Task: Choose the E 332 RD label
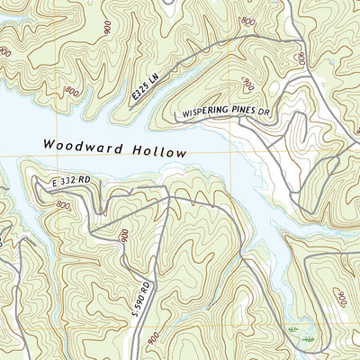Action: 71,184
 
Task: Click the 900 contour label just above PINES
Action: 248,85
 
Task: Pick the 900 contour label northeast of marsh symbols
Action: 340,297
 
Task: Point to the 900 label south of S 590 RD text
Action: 154,339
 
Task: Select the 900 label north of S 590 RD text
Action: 124,236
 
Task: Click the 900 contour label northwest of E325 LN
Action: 108,27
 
